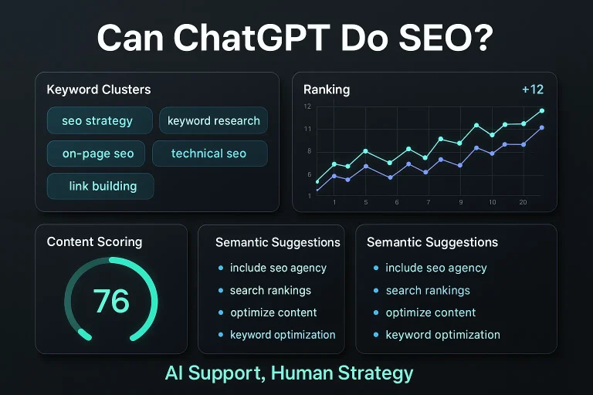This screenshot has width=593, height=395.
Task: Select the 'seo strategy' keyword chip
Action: click(x=97, y=120)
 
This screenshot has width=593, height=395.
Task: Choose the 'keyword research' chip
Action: click(x=214, y=120)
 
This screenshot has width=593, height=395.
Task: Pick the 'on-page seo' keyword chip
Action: click(x=98, y=154)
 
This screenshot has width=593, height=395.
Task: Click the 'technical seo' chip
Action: click(x=208, y=154)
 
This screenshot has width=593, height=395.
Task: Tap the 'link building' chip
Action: click(x=100, y=186)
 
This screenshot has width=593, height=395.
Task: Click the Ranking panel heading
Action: click(x=326, y=89)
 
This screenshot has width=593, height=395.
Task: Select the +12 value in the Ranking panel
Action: click(x=533, y=89)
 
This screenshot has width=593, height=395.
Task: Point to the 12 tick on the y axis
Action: click(x=307, y=106)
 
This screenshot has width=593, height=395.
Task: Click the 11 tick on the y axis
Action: click(x=307, y=129)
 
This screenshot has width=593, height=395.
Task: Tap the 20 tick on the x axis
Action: click(x=523, y=202)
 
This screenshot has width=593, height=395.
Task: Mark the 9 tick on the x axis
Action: click(x=460, y=202)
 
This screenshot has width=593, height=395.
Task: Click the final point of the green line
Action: click(x=542, y=111)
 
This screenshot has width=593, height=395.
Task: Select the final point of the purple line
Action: click(x=542, y=128)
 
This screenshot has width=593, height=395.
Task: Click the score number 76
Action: click(x=111, y=301)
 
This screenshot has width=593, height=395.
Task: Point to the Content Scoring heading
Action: click(x=94, y=241)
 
